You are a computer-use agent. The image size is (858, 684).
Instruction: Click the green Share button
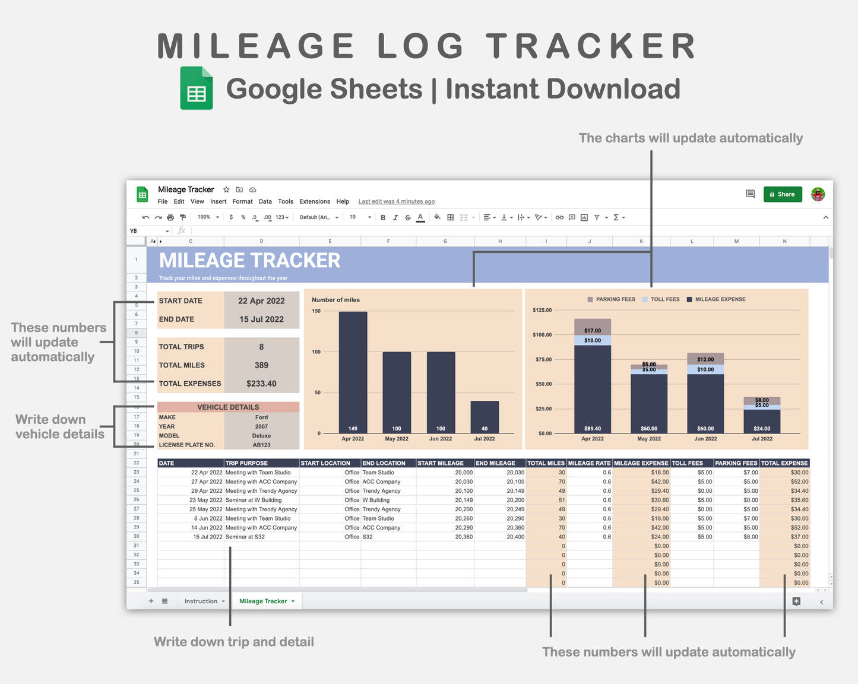783,194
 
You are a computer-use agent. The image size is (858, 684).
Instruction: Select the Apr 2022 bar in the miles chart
353,371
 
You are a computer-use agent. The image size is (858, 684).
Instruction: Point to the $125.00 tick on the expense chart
542,310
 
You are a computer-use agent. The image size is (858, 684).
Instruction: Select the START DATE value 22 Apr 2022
261,301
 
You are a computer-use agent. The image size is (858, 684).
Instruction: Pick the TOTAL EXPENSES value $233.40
261,384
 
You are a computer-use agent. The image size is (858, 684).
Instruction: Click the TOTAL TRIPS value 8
261,347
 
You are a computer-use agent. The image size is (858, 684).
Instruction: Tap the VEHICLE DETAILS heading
228,407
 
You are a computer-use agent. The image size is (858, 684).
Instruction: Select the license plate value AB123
261,445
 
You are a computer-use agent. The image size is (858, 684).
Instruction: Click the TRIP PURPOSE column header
247,463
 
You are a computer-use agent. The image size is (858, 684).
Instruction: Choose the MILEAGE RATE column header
589,463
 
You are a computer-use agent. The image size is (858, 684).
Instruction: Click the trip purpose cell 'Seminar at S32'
245,537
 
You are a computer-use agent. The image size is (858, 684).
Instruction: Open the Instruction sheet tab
201,601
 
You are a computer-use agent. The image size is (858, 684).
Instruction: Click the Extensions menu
315,202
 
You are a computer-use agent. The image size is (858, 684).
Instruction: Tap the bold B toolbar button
383,217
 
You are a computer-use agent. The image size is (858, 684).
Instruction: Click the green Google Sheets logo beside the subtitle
197,88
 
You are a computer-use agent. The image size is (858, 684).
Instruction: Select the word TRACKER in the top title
591,46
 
